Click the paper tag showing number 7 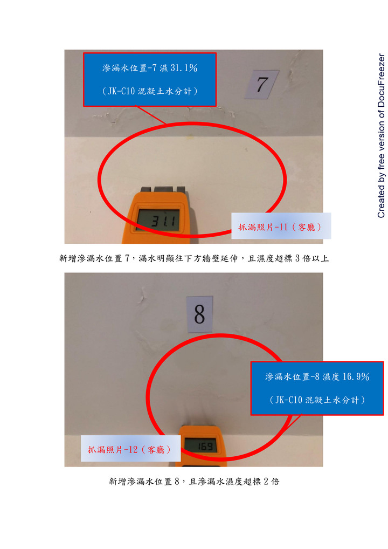(262, 84)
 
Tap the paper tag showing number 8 (199, 314)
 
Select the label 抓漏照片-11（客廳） (281, 227)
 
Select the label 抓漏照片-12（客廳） (130, 450)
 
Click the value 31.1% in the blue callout (184, 68)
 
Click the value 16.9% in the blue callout (356, 377)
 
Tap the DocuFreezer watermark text (381, 135)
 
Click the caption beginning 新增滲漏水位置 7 (194, 258)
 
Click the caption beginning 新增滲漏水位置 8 (194, 482)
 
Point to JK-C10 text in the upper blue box (121, 91)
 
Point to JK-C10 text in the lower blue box (289, 400)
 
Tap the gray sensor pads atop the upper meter (163, 189)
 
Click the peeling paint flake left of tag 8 (143, 294)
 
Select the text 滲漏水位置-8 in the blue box (293, 377)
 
